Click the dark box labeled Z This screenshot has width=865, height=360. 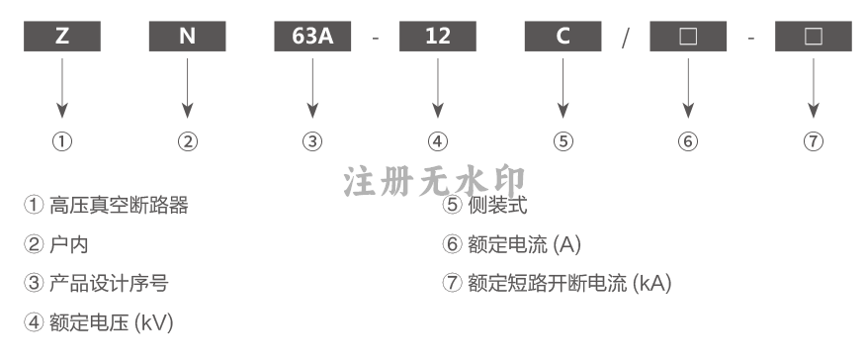(61, 37)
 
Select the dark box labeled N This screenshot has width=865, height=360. (187, 37)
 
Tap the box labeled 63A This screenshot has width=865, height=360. (312, 37)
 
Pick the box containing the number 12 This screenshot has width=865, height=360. (438, 37)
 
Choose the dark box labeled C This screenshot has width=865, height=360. (562, 37)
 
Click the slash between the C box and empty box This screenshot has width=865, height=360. (625, 39)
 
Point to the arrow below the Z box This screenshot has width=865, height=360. (61, 88)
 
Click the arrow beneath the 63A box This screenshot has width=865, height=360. (312, 88)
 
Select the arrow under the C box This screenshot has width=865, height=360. (562, 88)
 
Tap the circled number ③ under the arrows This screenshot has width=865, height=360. (312, 141)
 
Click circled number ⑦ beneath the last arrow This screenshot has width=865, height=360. (814, 141)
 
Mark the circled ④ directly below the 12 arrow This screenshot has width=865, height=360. (438, 141)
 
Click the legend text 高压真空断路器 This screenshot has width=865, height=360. (119, 205)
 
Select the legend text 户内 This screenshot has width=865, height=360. (69, 244)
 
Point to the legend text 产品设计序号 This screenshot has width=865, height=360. (109, 283)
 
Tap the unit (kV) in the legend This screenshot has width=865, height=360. (154, 322)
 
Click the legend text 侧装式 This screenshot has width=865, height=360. (497, 205)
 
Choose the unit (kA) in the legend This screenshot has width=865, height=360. (652, 283)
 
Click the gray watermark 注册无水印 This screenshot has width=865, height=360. (434, 182)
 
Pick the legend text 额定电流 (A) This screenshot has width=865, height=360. (524, 244)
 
